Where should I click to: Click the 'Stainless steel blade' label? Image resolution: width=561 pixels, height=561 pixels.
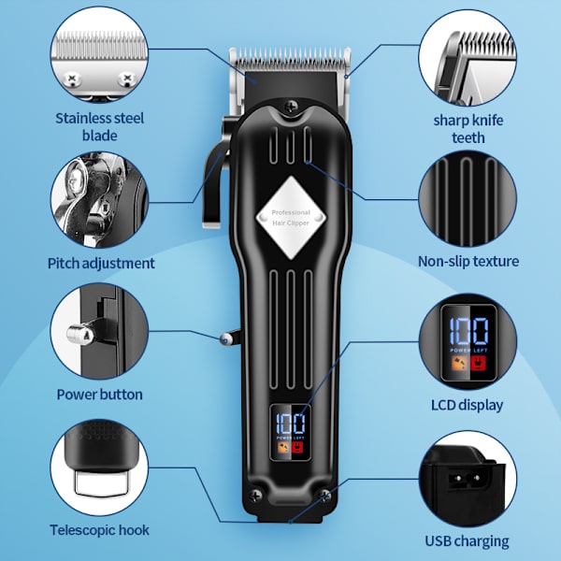tap(100, 126)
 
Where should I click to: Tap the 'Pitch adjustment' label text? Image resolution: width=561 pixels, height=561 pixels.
tap(101, 264)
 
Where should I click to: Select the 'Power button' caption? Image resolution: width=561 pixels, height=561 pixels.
tap(100, 395)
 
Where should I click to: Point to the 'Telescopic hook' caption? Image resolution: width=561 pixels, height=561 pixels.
tap(100, 530)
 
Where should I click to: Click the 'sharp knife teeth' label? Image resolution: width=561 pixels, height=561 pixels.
tap(468, 129)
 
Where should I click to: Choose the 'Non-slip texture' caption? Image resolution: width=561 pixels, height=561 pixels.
tap(468, 261)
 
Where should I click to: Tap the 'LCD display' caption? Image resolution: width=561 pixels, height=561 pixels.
tap(467, 405)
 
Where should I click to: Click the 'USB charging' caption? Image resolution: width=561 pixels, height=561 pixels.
tap(467, 541)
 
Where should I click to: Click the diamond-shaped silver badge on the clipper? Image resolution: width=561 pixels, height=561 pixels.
tap(291, 218)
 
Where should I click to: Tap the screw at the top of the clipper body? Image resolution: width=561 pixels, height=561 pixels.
tap(291, 107)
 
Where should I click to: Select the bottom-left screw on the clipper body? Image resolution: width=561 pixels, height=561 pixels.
tap(255, 496)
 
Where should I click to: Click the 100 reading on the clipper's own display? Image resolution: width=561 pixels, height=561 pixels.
tap(291, 424)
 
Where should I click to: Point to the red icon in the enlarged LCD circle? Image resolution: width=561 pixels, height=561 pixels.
tap(478, 365)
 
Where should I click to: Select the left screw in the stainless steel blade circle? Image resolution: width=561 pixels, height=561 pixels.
tap(72, 79)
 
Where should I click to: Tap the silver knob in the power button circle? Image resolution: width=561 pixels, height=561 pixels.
tap(80, 335)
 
